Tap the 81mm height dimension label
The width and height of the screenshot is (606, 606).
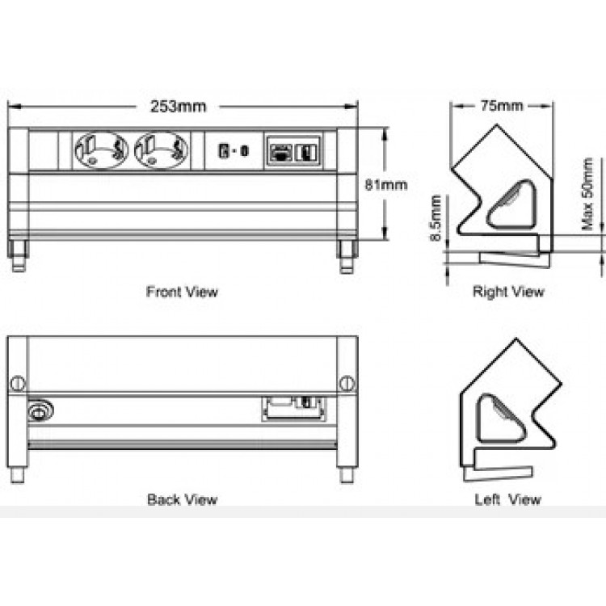pos(385,184)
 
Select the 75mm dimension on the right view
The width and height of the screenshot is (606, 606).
pos(501,106)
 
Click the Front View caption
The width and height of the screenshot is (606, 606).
pos(182,291)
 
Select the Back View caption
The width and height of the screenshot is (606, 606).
pos(182,499)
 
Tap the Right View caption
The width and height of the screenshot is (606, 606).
pos(508,291)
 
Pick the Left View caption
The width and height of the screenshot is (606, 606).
pos(507,499)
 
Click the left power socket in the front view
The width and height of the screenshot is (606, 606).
pos(101,150)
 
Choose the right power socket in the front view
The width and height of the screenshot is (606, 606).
pos(162,150)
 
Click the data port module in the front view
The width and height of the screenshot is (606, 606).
pos(292,151)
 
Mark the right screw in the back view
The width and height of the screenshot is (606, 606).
pos(347,381)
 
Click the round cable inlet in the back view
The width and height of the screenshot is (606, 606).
pos(38,413)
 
